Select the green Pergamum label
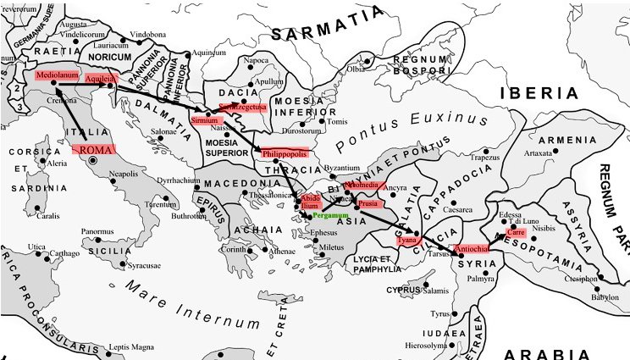click(330, 217)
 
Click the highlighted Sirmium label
click(206, 121)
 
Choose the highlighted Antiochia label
click(471, 248)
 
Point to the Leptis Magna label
click(133, 347)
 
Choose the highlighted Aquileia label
click(100, 78)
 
